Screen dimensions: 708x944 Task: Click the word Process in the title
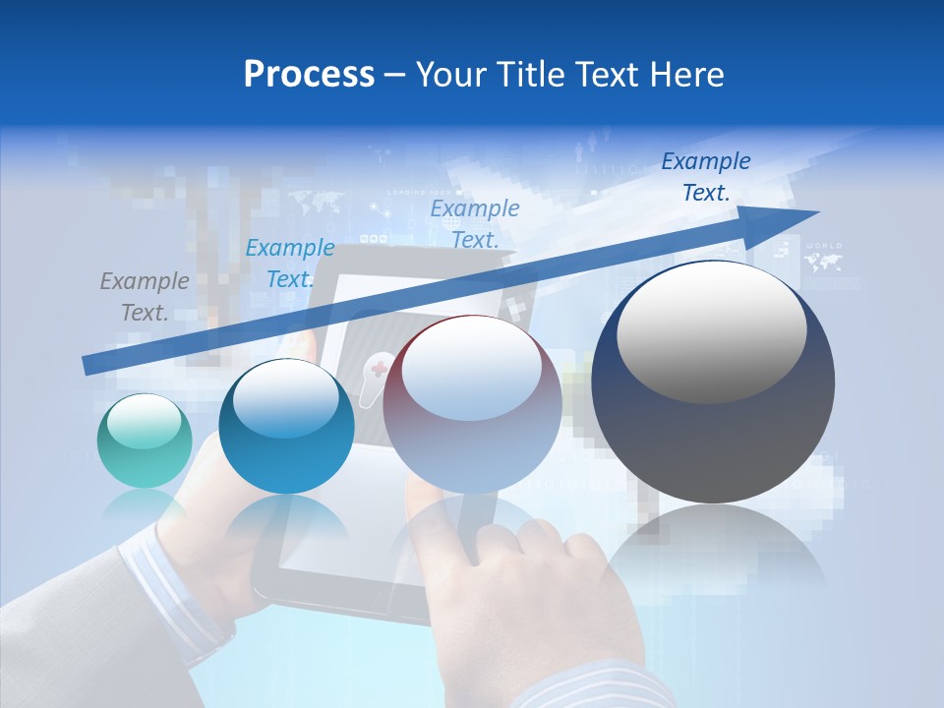[x=309, y=74]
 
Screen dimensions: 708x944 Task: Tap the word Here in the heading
[x=686, y=74]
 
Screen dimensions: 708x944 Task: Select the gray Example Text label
[x=145, y=297]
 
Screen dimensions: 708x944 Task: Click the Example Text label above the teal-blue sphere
[x=290, y=264]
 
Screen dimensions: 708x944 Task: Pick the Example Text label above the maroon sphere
[x=475, y=223]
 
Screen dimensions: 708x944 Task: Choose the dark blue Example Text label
[x=706, y=177]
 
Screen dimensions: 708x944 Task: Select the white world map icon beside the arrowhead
[x=822, y=262]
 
